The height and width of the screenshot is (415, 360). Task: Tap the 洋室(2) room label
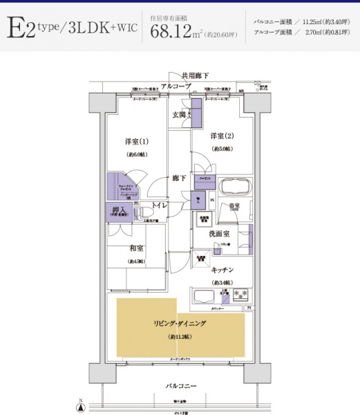[x=222, y=136]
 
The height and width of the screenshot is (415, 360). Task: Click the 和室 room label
[x=135, y=248]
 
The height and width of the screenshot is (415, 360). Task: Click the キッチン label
[x=222, y=269]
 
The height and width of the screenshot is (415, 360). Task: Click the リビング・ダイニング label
[x=180, y=323]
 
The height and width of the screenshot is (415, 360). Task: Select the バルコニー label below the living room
[x=180, y=385]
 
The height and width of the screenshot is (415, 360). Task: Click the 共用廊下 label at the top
[x=195, y=75]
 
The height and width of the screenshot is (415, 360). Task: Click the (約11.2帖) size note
[x=180, y=337]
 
